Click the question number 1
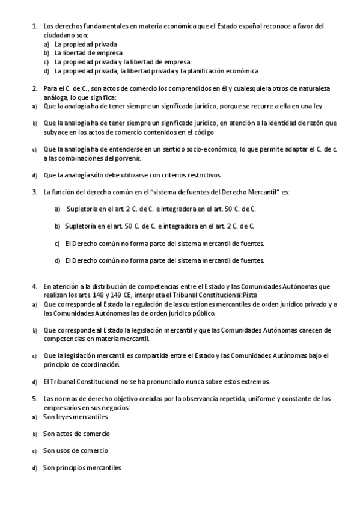tap(34, 26)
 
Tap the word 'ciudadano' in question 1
tap(59, 35)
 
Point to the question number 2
tap(34, 88)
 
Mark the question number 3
tap(34, 192)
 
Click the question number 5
tap(34, 399)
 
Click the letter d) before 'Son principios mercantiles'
tap(34, 469)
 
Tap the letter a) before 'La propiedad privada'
tap(47, 45)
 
